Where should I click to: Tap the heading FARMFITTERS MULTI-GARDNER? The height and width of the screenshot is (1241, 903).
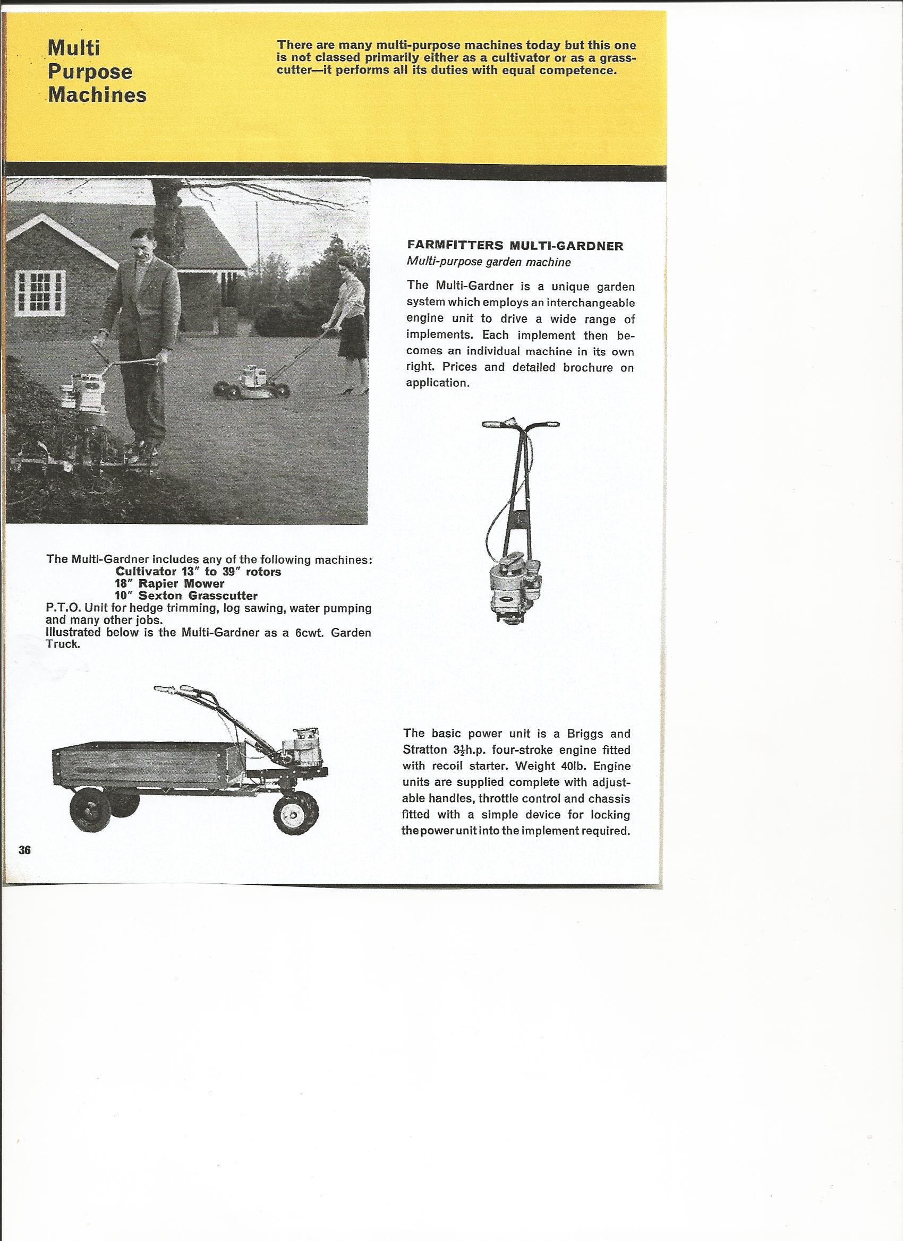click(x=514, y=246)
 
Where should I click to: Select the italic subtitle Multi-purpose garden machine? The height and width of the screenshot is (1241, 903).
click(x=489, y=262)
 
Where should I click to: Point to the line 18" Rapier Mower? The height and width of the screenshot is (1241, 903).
click(x=170, y=583)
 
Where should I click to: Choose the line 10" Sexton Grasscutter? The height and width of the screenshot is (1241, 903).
click(x=186, y=596)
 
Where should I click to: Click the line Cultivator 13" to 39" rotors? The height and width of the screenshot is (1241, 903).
click(x=198, y=572)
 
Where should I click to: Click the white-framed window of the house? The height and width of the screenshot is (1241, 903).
click(x=39, y=293)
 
